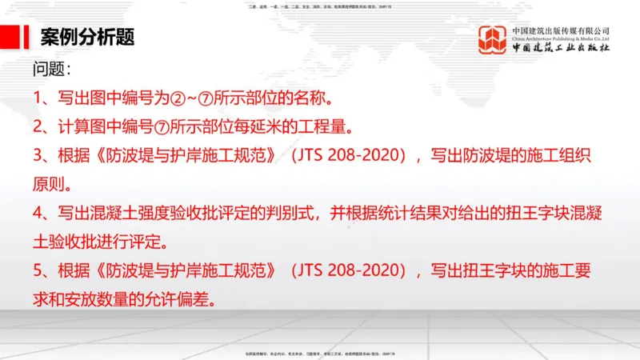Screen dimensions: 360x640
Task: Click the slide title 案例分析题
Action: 87,37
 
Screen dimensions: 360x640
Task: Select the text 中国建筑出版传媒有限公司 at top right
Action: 561,29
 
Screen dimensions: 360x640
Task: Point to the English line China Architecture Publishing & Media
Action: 561,38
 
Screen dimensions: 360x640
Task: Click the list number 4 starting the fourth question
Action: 38,214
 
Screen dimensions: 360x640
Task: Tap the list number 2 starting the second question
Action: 38,127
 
